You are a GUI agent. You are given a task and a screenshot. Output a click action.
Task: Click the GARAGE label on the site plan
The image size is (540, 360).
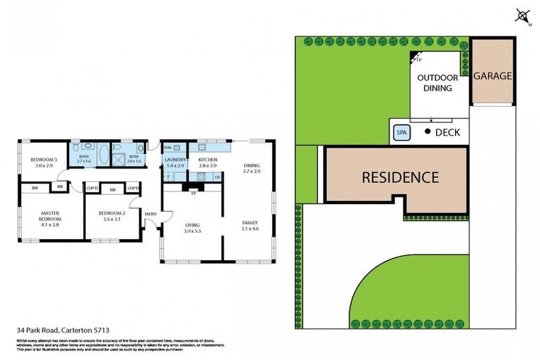tap(491, 76)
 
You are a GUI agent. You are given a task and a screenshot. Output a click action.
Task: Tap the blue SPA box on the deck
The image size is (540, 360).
tap(402, 132)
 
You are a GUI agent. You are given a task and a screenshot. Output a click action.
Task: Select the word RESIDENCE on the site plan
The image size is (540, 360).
tap(400, 178)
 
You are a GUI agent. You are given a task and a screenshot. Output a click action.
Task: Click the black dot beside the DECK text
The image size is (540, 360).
tap(427, 131)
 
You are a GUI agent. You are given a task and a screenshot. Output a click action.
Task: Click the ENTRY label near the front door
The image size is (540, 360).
tap(150, 214)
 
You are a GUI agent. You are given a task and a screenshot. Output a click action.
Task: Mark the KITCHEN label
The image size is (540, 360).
tap(208, 160)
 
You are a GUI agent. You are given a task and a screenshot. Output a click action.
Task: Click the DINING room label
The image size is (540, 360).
tap(252, 166)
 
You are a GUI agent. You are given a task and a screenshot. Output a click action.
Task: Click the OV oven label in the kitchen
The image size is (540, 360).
tap(217, 177)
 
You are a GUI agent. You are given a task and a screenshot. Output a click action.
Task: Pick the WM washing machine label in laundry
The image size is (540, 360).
tap(167, 148)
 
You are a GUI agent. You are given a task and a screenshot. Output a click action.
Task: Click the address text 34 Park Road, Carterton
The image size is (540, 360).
tap(63, 328)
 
